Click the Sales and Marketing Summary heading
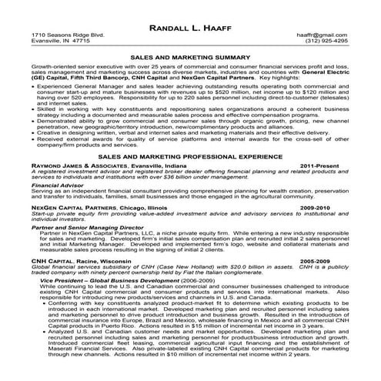tap(189, 57)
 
